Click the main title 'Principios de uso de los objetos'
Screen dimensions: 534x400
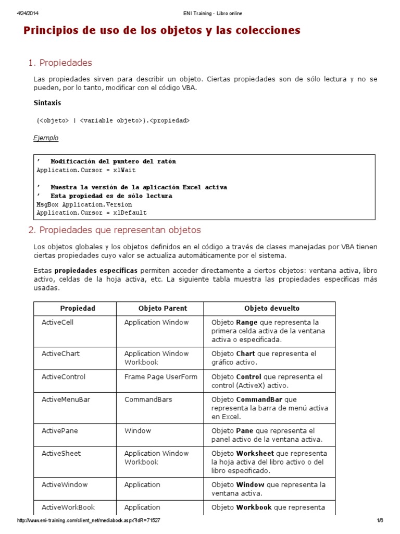[162, 31]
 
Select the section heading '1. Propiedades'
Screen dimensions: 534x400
[60, 63]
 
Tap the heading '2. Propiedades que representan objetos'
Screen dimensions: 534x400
[114, 230]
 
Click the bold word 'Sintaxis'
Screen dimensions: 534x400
[47, 103]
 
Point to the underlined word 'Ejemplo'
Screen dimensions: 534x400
[46, 138]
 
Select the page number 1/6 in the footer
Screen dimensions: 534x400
[380, 520]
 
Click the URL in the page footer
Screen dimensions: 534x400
[89, 520]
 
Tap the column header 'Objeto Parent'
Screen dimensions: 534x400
[162, 308]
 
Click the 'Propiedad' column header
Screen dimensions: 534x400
[78, 308]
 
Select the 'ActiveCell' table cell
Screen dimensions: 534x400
[57, 322]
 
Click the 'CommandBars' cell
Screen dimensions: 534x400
[148, 399]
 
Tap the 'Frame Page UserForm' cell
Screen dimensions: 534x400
[160, 377]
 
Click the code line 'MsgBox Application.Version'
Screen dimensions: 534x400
[84, 204]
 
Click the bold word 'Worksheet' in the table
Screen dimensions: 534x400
[256, 453]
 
